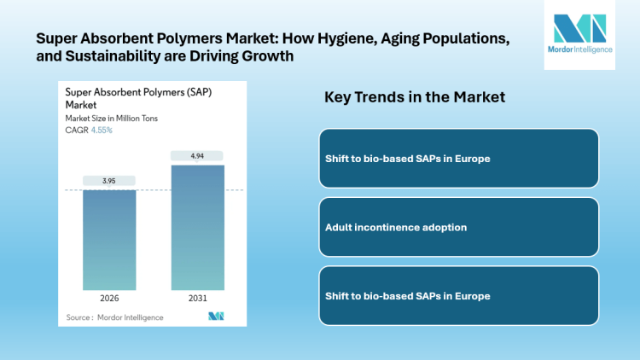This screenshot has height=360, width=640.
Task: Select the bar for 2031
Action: [x=197, y=227]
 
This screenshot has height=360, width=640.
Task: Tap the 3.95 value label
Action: [x=108, y=181]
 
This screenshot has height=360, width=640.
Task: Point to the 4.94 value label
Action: [x=197, y=155]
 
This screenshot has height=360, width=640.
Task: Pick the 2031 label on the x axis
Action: [x=197, y=299]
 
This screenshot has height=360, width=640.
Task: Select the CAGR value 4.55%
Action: [x=102, y=131]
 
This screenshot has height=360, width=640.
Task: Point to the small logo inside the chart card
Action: [x=216, y=316]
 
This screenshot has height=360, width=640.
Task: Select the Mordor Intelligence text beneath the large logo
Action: [x=579, y=62]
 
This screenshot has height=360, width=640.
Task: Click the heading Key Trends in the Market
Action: [x=414, y=97]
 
